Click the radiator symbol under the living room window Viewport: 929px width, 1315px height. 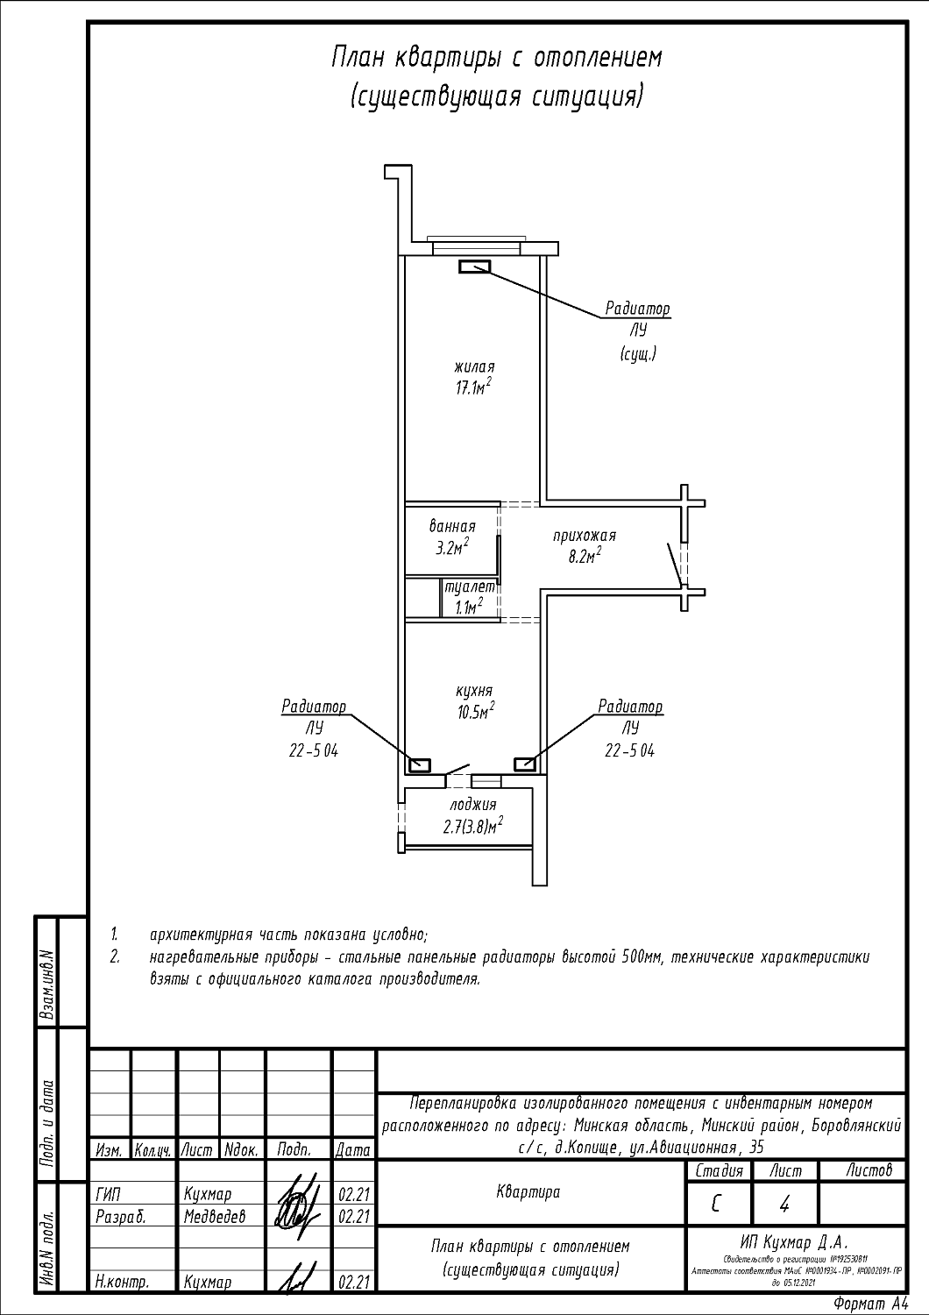475,267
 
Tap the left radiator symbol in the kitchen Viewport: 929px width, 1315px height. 419,764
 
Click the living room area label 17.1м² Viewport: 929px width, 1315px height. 473,378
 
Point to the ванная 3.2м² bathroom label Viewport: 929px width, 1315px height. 452,537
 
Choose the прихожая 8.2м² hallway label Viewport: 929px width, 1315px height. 585,544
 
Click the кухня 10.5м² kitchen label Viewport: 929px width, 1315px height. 474,701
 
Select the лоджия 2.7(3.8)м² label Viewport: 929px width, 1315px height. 472,814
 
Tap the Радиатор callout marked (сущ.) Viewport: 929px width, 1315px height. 637,331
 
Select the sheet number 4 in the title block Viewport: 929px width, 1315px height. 784,1205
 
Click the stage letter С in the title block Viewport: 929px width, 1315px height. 717,1205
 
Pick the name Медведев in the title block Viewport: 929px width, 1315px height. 215,1216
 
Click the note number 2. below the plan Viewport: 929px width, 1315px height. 114,956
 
